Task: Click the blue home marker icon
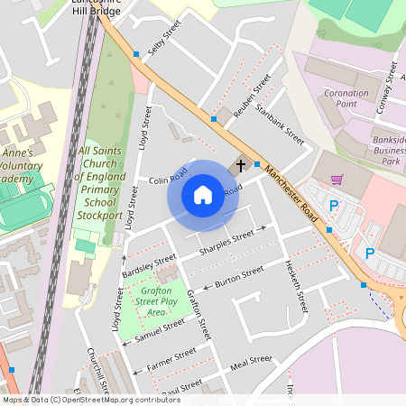[203, 194]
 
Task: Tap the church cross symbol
[240, 165]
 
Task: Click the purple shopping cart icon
[337, 180]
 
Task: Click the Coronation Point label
[346, 98]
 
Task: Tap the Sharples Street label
[226, 242]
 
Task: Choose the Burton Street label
[238, 276]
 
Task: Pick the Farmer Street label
[171, 359]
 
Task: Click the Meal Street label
[250, 364]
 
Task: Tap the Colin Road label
[166, 180]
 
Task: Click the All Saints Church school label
[100, 183]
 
